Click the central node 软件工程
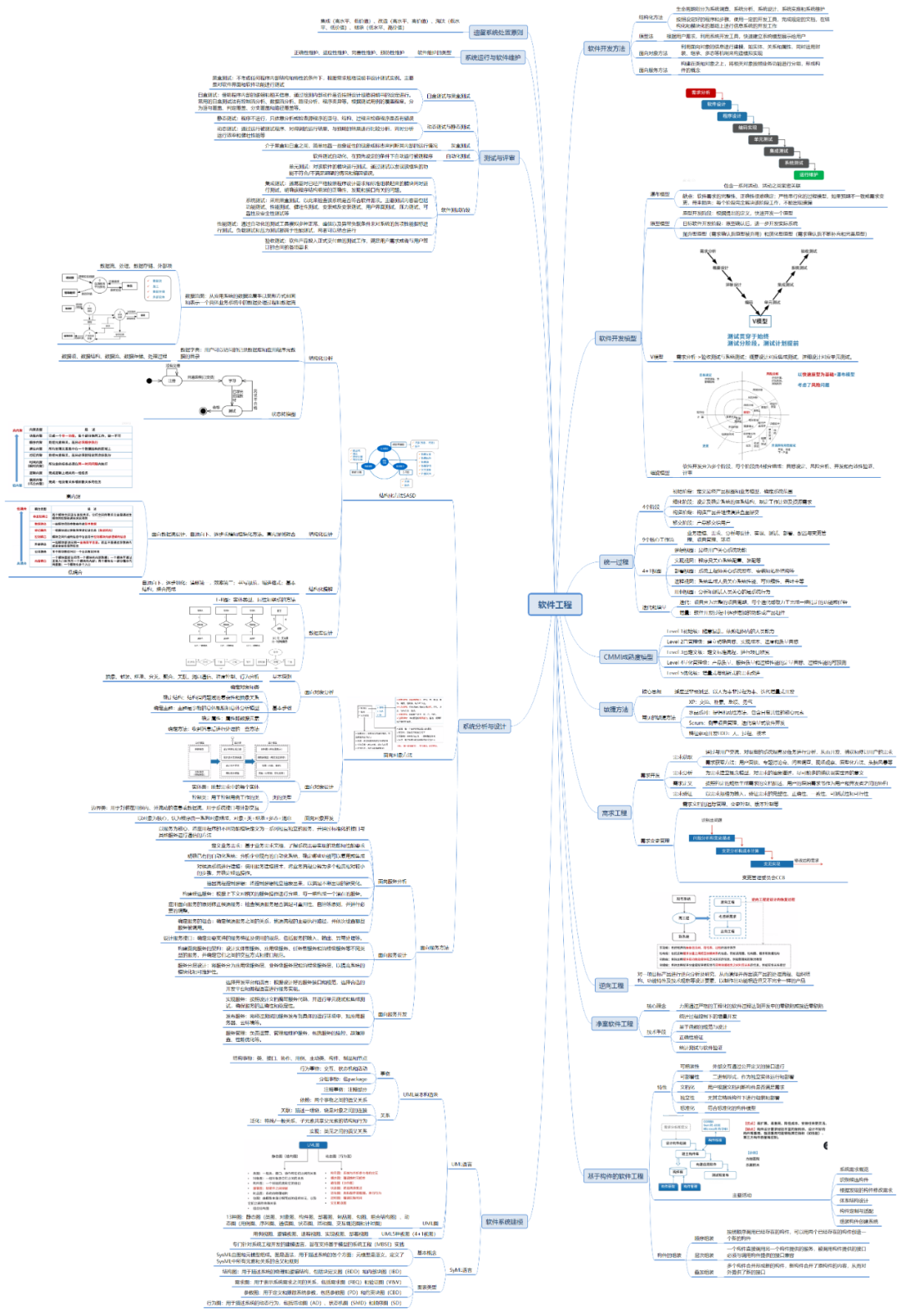[x=555, y=605]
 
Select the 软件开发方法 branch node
[x=606, y=48]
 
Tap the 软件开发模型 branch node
[x=617, y=338]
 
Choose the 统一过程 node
[x=616, y=562]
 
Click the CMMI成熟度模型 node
[x=627, y=656]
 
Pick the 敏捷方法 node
[x=616, y=709]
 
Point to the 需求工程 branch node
[x=615, y=812]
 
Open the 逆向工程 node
[x=612, y=985]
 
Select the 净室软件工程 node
[x=615, y=1023]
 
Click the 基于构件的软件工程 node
[x=615, y=1176]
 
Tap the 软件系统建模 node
[x=505, y=1221]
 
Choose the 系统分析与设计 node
[x=485, y=726]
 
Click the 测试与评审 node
[x=499, y=158]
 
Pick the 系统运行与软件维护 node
[x=492, y=58]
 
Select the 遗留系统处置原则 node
[x=498, y=33]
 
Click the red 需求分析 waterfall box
[x=700, y=93]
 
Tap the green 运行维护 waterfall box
[x=808, y=174]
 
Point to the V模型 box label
[x=759, y=321]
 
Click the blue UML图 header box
[x=314, y=1144]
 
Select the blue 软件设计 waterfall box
[x=716, y=104]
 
